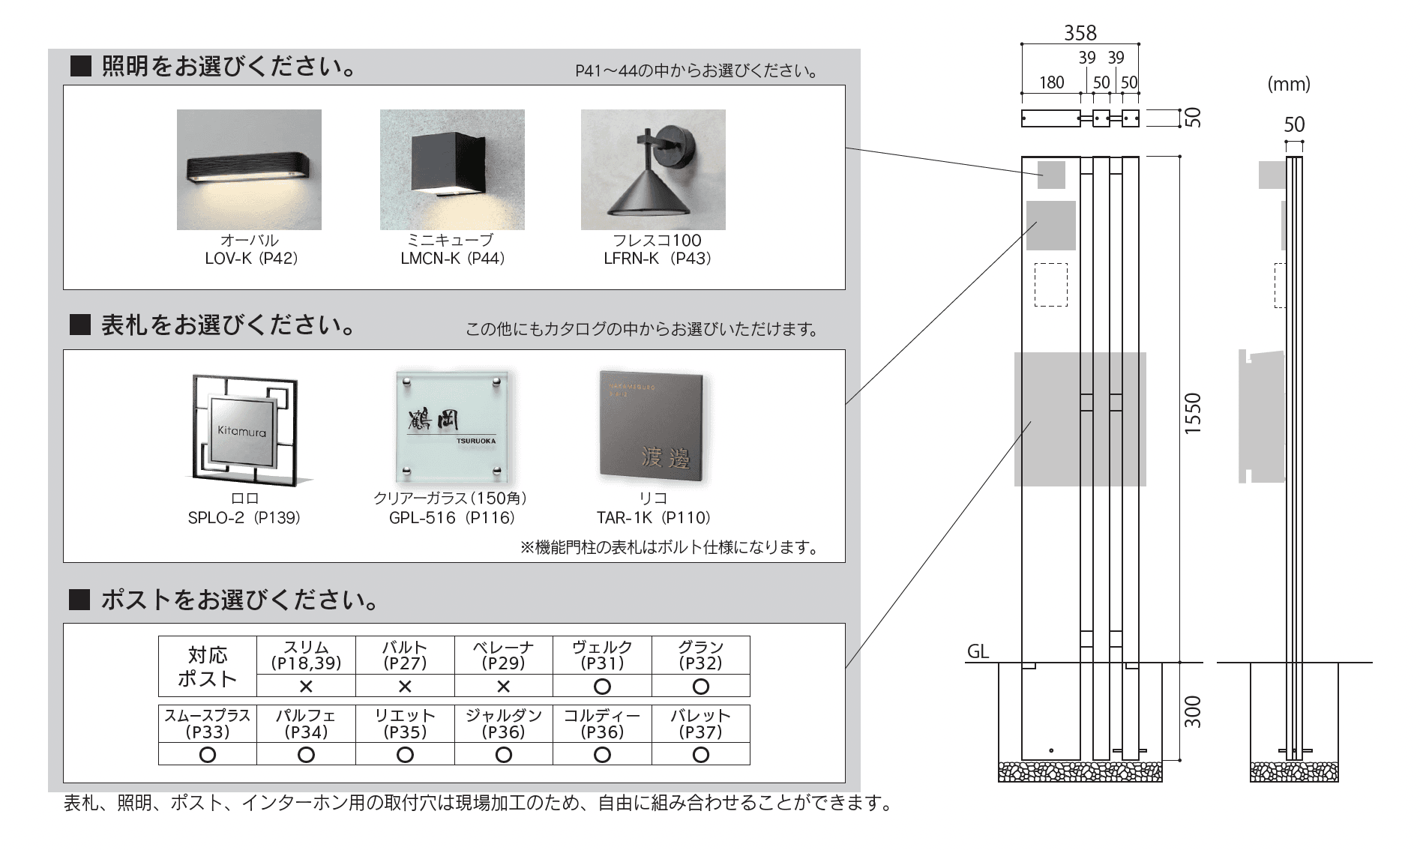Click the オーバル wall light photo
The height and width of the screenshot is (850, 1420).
(x=249, y=169)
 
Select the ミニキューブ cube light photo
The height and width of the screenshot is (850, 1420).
(x=452, y=169)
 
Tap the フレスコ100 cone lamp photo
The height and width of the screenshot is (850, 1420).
(x=653, y=169)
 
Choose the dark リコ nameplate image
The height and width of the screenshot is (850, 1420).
(x=652, y=426)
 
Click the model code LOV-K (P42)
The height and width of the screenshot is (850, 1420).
(x=251, y=259)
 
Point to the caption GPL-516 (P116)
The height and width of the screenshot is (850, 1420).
(x=452, y=518)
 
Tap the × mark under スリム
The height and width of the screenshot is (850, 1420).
(x=306, y=686)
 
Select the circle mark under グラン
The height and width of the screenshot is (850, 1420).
(x=700, y=686)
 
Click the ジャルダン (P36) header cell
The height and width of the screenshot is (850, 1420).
(x=503, y=723)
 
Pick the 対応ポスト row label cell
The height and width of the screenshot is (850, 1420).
(x=208, y=666)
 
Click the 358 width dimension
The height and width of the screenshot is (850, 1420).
(x=1080, y=33)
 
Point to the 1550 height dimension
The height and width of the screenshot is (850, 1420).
(x=1192, y=413)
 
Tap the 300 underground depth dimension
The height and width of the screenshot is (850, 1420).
(x=1192, y=711)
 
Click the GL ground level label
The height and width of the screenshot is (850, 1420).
(x=978, y=651)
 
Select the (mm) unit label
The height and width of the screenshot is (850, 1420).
(x=1289, y=84)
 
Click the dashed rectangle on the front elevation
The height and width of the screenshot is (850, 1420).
(x=1050, y=284)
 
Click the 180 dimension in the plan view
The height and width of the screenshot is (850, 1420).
(x=1051, y=82)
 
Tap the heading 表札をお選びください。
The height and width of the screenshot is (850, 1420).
(x=228, y=325)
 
